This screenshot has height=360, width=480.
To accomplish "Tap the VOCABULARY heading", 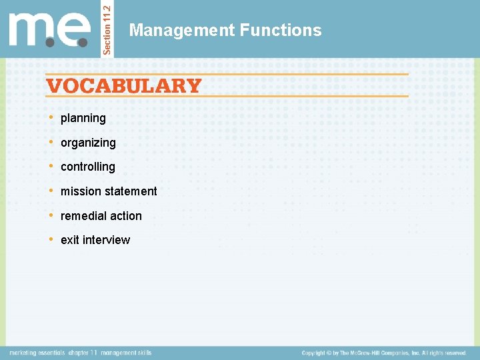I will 123,86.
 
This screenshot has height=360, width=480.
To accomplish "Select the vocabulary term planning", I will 83,118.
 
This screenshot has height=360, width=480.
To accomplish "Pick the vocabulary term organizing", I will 88,143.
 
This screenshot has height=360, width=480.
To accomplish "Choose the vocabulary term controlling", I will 87,167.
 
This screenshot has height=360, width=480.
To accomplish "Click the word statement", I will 131,191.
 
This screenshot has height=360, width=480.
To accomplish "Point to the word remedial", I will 83,216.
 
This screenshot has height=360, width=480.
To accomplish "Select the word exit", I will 69,240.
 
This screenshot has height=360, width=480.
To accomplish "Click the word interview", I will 106,240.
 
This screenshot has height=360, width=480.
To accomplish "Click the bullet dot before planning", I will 52,117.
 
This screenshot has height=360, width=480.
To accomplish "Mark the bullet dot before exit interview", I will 52,239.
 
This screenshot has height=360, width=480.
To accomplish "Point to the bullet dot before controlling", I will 52,166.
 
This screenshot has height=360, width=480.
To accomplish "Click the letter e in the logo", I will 73,30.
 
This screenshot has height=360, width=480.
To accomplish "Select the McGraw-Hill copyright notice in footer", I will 383,353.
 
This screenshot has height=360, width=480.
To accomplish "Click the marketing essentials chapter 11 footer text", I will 81,353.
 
